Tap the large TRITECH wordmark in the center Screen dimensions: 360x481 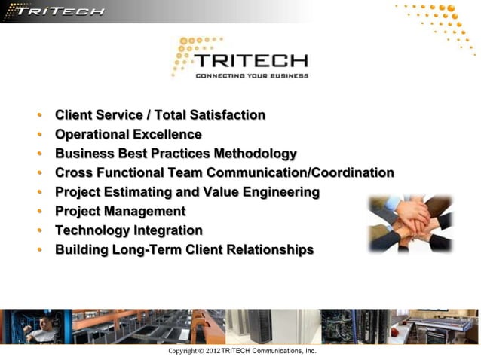click(250, 61)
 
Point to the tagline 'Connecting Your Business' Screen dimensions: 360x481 click(252, 76)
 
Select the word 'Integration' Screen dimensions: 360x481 click(168, 230)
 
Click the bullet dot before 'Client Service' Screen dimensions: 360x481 click(39, 116)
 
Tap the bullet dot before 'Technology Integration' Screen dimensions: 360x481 click(39, 231)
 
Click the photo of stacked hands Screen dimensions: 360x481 click(410, 223)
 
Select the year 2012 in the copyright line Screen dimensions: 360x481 click(212, 352)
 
